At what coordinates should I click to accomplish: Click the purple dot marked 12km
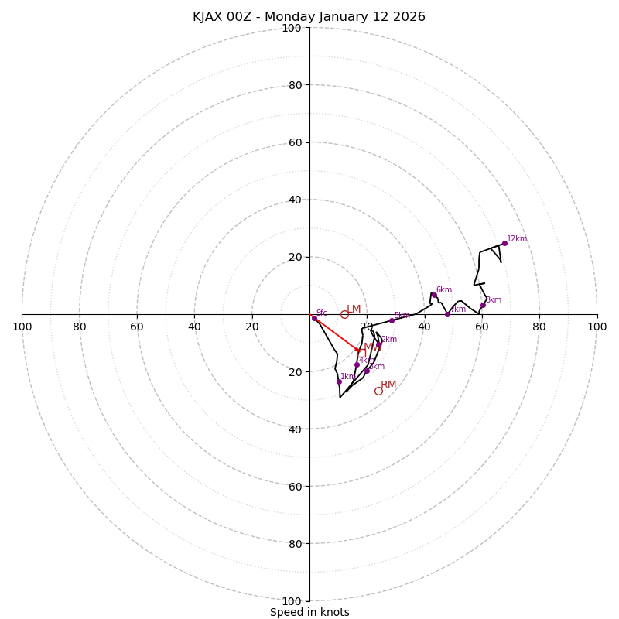pos(504,243)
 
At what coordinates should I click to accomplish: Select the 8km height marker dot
pos(483,305)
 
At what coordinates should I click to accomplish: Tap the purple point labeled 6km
pos(434,295)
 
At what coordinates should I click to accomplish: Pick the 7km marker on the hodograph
pos(447,314)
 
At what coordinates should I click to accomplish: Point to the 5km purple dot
pos(392,320)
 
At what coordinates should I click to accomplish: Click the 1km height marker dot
pos(339,381)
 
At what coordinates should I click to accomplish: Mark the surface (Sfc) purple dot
pos(314,318)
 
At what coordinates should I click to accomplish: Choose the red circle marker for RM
pos(378,391)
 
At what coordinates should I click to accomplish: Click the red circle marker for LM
pos(344,314)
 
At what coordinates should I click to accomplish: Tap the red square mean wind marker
pos(361,353)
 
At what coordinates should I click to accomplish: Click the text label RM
pos(388,385)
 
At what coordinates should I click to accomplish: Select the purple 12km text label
pos(517,239)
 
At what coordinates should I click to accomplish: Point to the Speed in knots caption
pos(309,612)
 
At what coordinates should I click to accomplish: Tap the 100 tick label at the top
pos(292,29)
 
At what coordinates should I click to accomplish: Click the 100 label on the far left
pos(22,327)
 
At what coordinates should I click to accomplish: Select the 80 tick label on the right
pos(539,327)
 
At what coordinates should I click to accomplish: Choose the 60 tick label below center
pos(292,486)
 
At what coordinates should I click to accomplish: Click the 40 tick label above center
pos(294,200)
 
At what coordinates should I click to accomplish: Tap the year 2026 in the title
pos(409,17)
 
